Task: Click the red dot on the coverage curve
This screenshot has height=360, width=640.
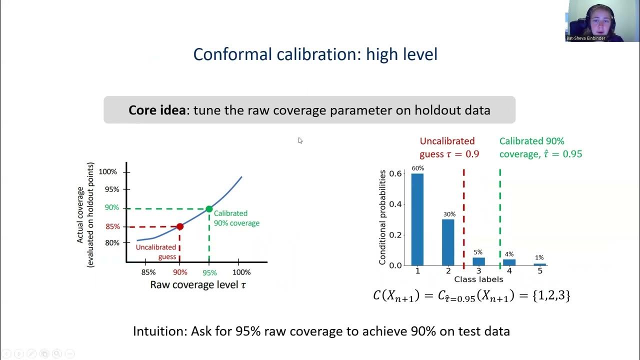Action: tap(180, 226)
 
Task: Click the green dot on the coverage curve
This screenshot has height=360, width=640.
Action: tap(209, 209)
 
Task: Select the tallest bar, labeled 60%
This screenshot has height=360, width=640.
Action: tap(417, 220)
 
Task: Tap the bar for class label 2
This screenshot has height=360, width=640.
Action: tap(448, 242)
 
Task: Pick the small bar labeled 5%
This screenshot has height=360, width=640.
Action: tap(479, 261)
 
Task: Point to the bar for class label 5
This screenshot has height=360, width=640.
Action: tap(540, 264)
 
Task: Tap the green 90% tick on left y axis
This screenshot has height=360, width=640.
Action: tap(112, 207)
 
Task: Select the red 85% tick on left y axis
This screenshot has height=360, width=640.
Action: tap(112, 226)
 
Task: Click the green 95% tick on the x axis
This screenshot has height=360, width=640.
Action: tap(209, 272)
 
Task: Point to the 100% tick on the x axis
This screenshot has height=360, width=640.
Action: tap(241, 272)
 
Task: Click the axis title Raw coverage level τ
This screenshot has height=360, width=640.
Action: tap(198, 285)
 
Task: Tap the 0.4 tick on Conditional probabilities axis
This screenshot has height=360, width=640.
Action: tap(395, 204)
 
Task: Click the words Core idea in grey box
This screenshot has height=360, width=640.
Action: tap(156, 110)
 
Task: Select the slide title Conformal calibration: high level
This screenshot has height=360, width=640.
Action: tap(315, 54)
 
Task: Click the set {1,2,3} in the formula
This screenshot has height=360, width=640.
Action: tap(551, 295)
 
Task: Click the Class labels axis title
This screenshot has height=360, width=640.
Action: tap(478, 279)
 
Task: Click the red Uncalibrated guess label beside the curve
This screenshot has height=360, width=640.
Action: tap(156, 252)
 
